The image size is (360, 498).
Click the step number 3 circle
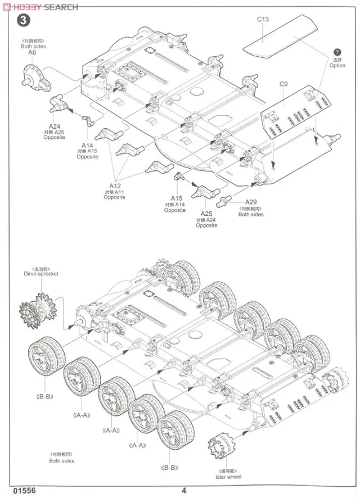(x=23, y=21)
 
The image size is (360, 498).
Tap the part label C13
(x=263, y=19)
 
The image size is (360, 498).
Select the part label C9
(x=283, y=84)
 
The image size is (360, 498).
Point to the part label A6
(x=32, y=52)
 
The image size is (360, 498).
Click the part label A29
(x=251, y=202)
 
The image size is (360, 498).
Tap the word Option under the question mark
(x=337, y=66)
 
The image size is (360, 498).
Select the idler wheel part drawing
(x=220, y=449)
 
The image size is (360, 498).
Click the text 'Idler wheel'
(x=228, y=477)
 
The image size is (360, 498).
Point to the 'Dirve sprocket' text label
(x=40, y=274)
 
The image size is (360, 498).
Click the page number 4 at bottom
(x=183, y=490)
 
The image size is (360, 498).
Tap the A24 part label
(x=54, y=126)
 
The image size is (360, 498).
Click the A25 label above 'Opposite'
(x=206, y=214)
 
